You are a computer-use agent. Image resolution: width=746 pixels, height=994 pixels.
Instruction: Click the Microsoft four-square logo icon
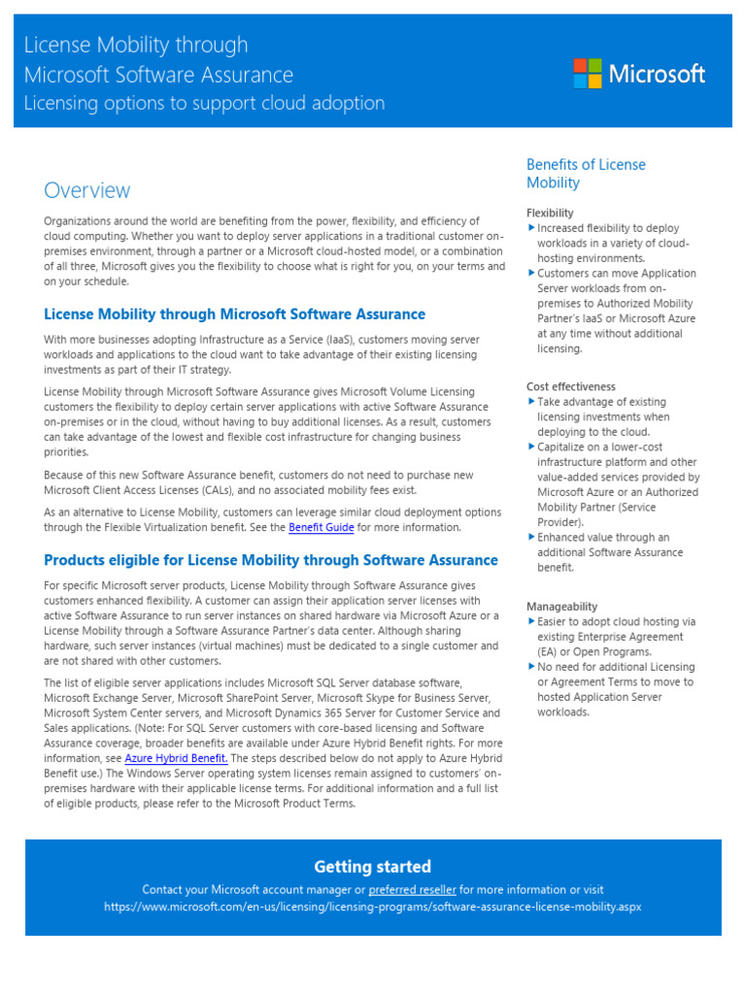587,73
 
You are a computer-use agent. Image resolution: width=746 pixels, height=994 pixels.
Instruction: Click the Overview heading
86,190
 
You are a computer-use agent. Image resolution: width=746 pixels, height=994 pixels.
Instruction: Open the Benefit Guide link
321,528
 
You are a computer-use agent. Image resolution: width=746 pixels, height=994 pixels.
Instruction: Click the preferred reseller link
412,889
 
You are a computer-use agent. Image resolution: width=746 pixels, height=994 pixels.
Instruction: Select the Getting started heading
372,867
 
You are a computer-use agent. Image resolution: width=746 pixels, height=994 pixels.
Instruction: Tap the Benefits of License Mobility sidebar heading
586,174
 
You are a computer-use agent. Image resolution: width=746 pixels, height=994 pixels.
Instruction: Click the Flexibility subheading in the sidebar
550,213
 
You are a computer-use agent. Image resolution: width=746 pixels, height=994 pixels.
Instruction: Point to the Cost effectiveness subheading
570,386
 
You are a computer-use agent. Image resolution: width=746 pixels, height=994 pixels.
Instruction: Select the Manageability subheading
561,607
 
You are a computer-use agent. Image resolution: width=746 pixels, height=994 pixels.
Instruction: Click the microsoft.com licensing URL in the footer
372,907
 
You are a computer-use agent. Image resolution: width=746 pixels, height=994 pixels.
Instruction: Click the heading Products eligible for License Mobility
271,560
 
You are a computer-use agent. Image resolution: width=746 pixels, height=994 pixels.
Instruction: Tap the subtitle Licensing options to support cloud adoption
204,103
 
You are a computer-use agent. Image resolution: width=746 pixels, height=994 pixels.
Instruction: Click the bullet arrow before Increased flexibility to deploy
531,228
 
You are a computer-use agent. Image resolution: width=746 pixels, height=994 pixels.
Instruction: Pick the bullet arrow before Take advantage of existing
531,402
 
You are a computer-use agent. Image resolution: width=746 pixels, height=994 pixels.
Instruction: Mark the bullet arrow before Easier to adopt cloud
531,622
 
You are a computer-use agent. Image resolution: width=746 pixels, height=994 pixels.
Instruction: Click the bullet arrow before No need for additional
531,667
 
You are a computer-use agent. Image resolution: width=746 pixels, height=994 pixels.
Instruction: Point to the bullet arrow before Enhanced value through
531,537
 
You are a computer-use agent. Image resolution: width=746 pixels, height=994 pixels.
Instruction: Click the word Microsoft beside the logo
657,73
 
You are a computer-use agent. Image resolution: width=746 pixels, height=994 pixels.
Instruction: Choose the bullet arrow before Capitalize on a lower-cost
531,447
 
